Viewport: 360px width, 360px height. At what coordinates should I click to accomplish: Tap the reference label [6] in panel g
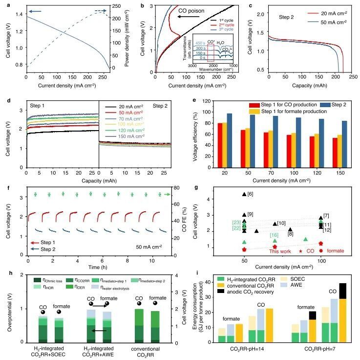point(250,194)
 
